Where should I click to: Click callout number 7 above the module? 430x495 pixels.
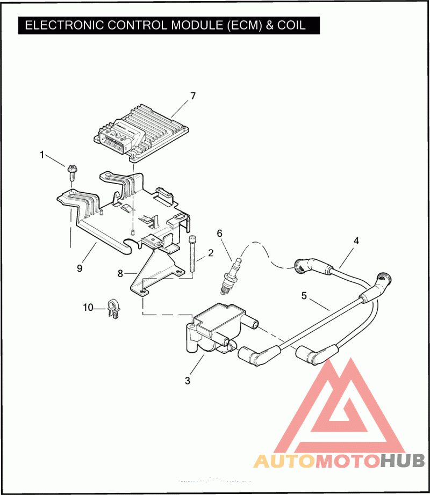pos(192,96)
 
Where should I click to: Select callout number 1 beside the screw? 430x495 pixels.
pos(42,155)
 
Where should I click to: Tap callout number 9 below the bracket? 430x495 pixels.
pos(80,268)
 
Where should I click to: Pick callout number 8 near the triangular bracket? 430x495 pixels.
pos(120,273)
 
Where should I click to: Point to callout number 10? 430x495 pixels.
pos(88,308)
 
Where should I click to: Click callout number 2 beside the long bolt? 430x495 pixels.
pos(211,252)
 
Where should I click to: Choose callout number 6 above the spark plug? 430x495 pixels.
pos(219,233)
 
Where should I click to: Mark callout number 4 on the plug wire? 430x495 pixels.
pos(356,241)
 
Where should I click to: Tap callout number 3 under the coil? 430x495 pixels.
pos(188,381)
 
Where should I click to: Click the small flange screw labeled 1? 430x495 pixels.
pos(71,173)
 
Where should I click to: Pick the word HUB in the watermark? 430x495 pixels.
pos(403,460)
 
